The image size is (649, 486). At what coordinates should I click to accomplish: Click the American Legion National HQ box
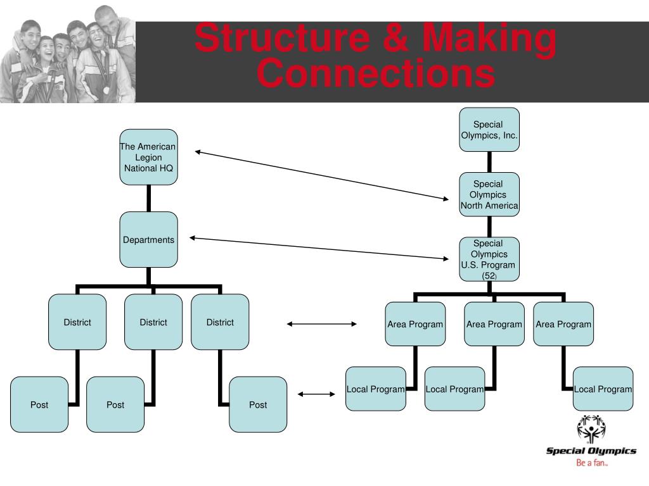(x=148, y=157)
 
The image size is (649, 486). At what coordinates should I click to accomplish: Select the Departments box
(x=148, y=239)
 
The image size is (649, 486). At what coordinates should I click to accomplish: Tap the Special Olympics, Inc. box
(x=489, y=129)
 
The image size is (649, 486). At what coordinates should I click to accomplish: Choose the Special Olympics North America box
(x=489, y=194)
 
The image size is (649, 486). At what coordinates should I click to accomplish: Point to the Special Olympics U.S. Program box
(x=489, y=259)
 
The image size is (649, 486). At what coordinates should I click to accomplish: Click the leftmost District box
(x=77, y=321)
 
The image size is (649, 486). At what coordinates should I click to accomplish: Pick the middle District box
(x=153, y=321)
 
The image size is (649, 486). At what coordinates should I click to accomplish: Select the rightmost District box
(x=220, y=321)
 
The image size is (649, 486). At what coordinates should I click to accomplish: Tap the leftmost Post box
(x=39, y=404)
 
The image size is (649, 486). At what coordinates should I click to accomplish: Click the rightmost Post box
(x=258, y=404)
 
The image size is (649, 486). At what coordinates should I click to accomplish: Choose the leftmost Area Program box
(x=415, y=324)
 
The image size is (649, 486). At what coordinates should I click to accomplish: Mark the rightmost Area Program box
(x=563, y=324)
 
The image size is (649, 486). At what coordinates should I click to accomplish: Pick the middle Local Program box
(x=454, y=389)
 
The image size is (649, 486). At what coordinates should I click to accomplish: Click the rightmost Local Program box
(x=603, y=389)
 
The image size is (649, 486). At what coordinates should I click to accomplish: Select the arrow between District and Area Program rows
(x=322, y=324)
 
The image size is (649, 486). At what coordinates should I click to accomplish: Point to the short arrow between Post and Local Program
(x=317, y=395)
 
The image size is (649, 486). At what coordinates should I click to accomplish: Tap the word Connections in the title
(x=375, y=73)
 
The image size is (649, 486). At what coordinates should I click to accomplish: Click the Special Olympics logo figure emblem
(x=591, y=428)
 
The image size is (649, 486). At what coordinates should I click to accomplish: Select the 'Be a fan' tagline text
(x=591, y=463)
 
